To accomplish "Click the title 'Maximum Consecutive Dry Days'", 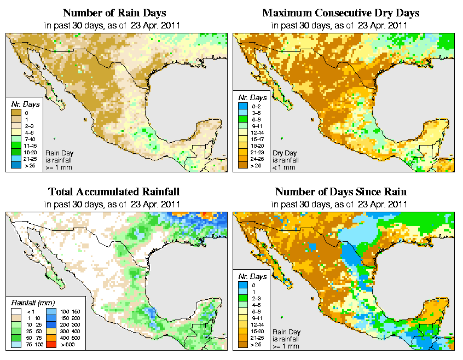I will [341, 13].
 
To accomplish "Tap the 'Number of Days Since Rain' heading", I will [341, 191].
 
